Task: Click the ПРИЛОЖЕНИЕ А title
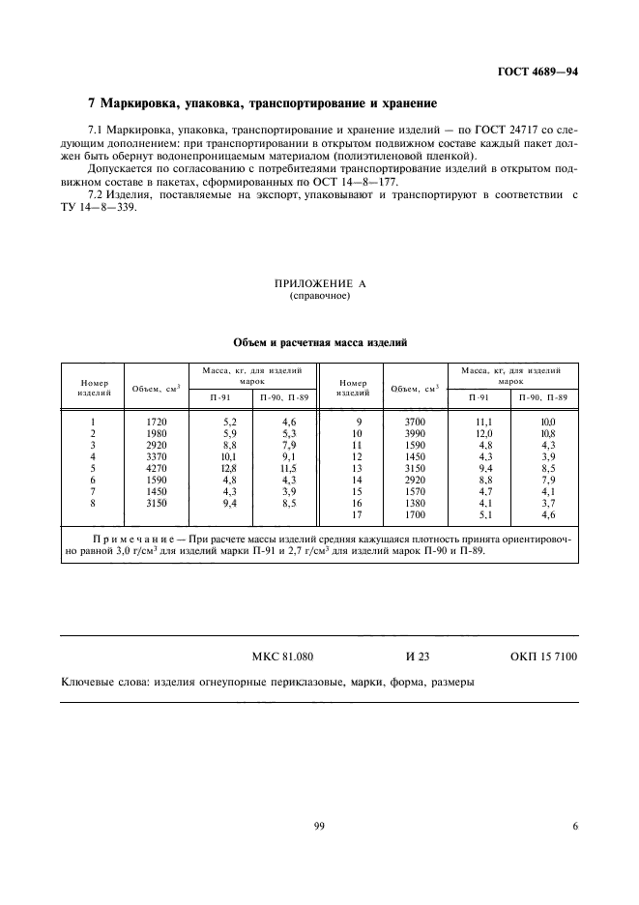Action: coord(319,283)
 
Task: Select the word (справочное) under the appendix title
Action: coord(319,296)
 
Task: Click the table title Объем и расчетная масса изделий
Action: coord(320,342)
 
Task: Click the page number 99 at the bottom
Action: coord(319,826)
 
